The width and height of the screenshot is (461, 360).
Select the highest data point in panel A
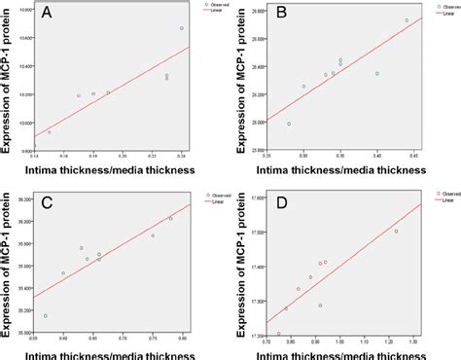coord(182,28)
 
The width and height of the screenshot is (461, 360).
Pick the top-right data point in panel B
coord(407,20)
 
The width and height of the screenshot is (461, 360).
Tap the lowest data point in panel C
coord(46,315)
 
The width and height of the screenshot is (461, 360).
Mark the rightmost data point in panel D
coord(396,231)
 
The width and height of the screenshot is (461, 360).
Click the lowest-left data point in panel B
coord(289,124)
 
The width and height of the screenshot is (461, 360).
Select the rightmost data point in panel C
coord(170,218)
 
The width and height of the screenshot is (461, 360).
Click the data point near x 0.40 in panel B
coord(377,100)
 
